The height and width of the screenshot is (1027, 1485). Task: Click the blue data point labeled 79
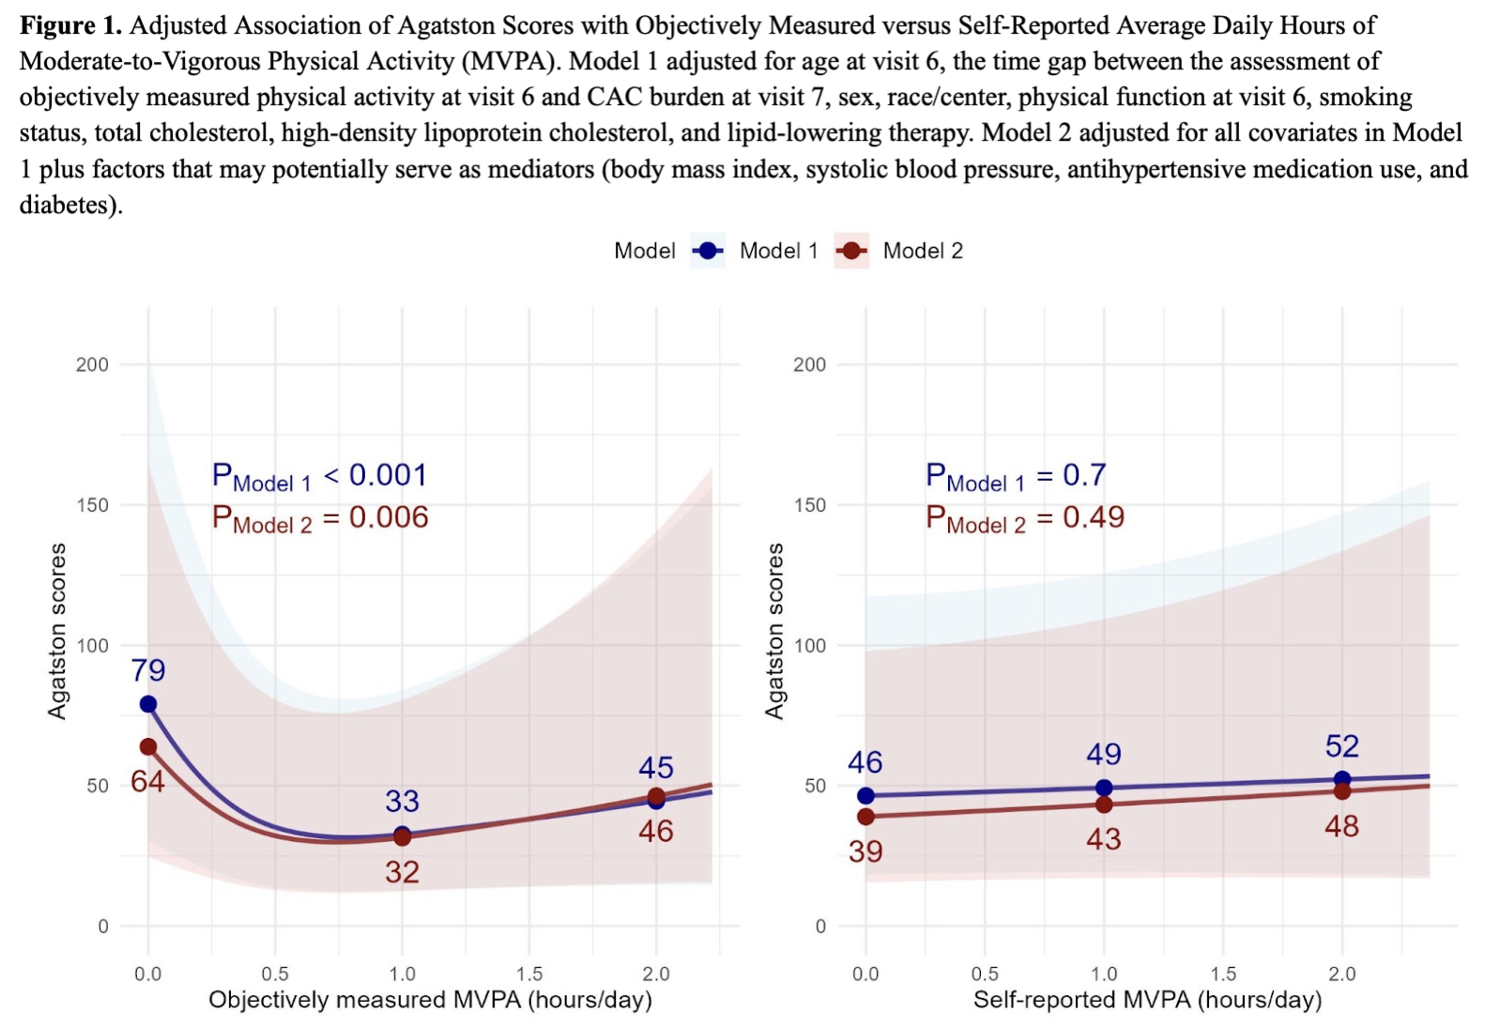pyautogui.click(x=148, y=704)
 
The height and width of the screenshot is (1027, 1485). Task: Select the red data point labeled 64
pyautogui.click(x=148, y=746)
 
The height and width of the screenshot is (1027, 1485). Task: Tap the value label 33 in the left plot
pyautogui.click(x=402, y=801)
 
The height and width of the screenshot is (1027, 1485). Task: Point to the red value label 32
pyautogui.click(x=402, y=872)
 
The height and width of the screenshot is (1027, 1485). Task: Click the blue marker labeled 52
pyautogui.click(x=1342, y=779)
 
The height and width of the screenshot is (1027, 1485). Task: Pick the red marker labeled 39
pyautogui.click(x=865, y=817)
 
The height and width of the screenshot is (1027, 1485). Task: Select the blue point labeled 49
pyautogui.click(x=1104, y=788)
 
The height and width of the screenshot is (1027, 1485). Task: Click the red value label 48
pyautogui.click(x=1341, y=826)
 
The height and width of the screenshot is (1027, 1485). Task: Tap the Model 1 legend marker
pyautogui.click(x=708, y=251)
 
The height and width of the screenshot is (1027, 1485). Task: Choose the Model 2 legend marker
pyautogui.click(x=851, y=251)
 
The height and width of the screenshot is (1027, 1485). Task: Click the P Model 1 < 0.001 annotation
pyautogui.click(x=319, y=477)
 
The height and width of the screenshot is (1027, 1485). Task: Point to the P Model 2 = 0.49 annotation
pyautogui.click(x=1024, y=518)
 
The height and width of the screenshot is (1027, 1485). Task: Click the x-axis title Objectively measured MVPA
pyautogui.click(x=430, y=1000)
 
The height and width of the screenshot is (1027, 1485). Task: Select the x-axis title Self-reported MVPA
pyautogui.click(x=1147, y=1000)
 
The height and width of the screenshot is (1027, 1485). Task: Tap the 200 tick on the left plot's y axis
pyautogui.click(x=92, y=364)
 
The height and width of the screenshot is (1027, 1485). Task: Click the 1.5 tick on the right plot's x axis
pyautogui.click(x=1223, y=973)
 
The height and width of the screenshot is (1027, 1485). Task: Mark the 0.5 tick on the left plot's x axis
pyautogui.click(x=275, y=973)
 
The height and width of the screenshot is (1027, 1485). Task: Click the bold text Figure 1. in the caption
pyautogui.click(x=70, y=25)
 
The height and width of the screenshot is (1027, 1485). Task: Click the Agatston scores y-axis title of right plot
pyautogui.click(x=774, y=631)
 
